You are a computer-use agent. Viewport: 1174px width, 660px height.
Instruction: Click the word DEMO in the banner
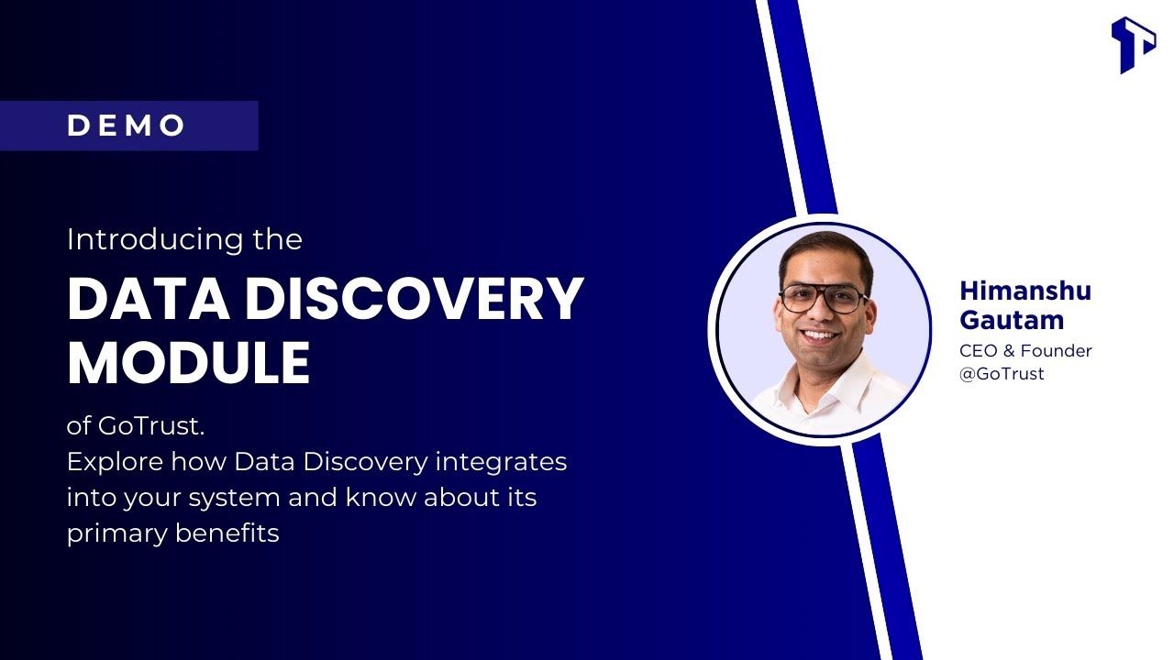pyautogui.click(x=127, y=126)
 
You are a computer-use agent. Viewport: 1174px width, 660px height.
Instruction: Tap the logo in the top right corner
pyautogui.click(x=1133, y=44)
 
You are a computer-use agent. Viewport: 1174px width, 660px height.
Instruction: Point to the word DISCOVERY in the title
pyautogui.click(x=414, y=298)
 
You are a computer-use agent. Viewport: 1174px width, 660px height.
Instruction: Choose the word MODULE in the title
pyautogui.click(x=188, y=362)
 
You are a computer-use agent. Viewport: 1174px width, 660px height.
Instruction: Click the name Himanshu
pyautogui.click(x=1025, y=292)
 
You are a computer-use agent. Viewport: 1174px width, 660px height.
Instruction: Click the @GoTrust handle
pyautogui.click(x=1002, y=374)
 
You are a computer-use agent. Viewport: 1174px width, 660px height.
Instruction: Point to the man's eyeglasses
pyautogui.click(x=823, y=298)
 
